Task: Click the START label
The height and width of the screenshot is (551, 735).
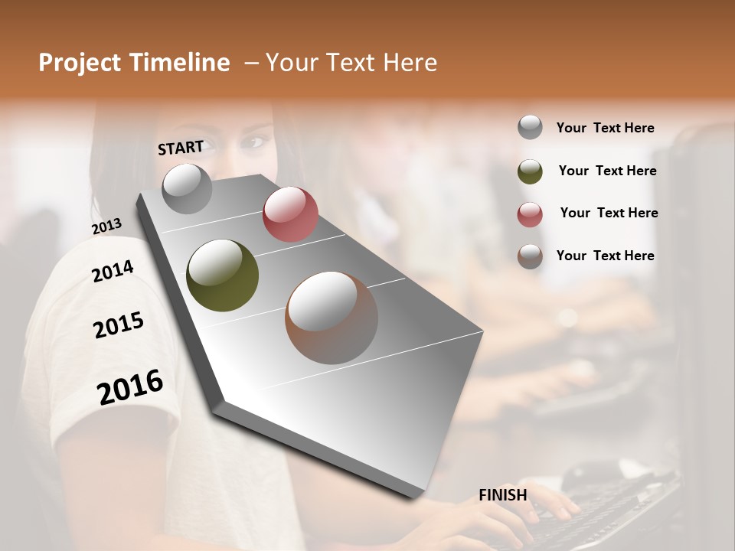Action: [x=181, y=147]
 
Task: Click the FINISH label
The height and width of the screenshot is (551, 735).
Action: [x=502, y=494]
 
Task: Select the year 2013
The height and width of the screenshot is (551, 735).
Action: [x=106, y=226]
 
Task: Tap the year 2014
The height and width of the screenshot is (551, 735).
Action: [x=113, y=271]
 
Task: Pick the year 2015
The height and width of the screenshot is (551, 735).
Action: [x=119, y=324]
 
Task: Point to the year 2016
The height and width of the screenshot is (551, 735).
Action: [x=130, y=386]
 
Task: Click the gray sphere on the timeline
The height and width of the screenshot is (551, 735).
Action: [x=187, y=188]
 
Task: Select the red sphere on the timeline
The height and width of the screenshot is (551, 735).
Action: [x=290, y=214]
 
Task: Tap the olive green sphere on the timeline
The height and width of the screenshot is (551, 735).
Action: [x=222, y=275]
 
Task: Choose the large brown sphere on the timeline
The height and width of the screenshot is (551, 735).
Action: [x=332, y=317]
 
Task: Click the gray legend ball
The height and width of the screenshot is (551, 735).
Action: [x=530, y=128]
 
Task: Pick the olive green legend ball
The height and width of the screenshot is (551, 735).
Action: [x=530, y=171]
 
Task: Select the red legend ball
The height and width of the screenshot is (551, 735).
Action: [x=530, y=214]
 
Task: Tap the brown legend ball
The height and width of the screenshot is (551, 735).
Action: [x=530, y=256]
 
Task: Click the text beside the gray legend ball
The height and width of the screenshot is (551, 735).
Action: [x=605, y=128]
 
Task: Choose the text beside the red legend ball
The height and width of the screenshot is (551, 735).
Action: [x=609, y=213]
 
